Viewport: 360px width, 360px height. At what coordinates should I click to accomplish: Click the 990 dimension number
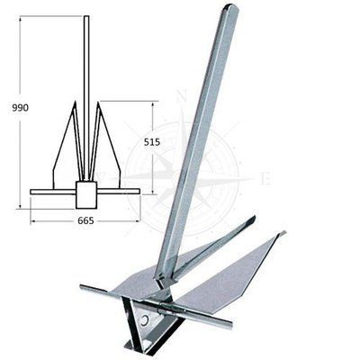point(21,108)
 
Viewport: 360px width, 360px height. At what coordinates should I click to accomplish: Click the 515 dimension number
point(152,142)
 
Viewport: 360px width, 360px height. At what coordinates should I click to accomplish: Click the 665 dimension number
point(85,220)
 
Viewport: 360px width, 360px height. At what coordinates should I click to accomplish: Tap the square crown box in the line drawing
point(86,194)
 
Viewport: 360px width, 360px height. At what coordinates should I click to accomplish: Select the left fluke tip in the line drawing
point(75,102)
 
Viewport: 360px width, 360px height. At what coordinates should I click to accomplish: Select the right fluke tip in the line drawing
point(98,102)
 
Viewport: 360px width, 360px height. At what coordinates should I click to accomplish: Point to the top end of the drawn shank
point(86,16)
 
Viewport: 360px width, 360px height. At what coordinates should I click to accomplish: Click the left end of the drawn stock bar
point(31,192)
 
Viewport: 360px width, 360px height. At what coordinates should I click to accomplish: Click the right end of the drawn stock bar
point(139,192)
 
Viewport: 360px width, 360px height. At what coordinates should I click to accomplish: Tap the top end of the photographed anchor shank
point(231,6)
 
